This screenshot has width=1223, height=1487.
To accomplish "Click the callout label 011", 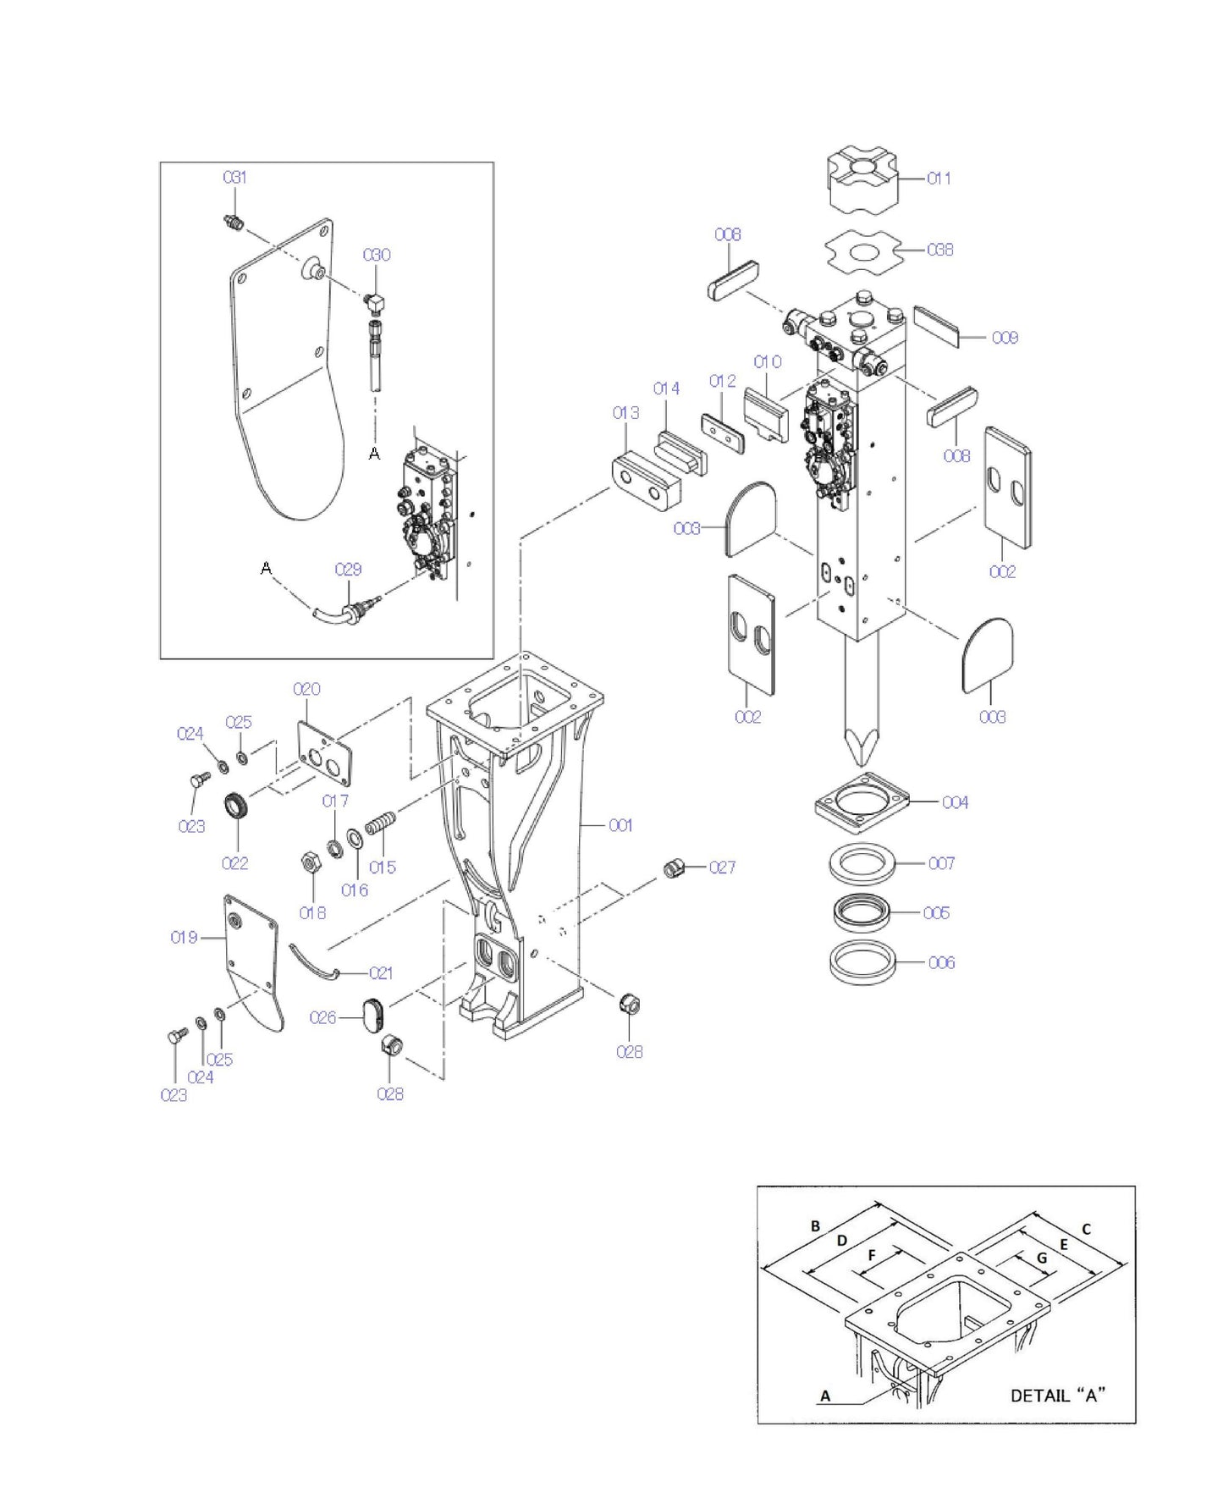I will click(939, 179).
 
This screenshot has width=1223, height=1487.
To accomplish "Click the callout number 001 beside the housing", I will click(620, 825).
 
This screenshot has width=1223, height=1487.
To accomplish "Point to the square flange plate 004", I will click(862, 801).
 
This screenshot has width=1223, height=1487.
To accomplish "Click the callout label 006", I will click(941, 962).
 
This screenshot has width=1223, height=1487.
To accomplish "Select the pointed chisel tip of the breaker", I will click(862, 744).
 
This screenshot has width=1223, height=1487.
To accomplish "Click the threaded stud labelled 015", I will click(381, 823).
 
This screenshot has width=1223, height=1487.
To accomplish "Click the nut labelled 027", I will click(674, 867).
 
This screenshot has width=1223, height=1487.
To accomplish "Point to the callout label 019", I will click(184, 937).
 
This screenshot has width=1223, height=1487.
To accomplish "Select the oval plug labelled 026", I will click(372, 1014).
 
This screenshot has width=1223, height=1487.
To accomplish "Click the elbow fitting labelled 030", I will click(375, 300).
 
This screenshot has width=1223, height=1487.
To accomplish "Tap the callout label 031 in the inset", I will click(234, 177).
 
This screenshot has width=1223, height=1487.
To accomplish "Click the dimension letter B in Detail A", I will click(815, 1226).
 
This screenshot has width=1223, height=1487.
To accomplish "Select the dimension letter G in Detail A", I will click(1042, 1258).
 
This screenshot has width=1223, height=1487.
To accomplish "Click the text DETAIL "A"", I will click(1059, 1395).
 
